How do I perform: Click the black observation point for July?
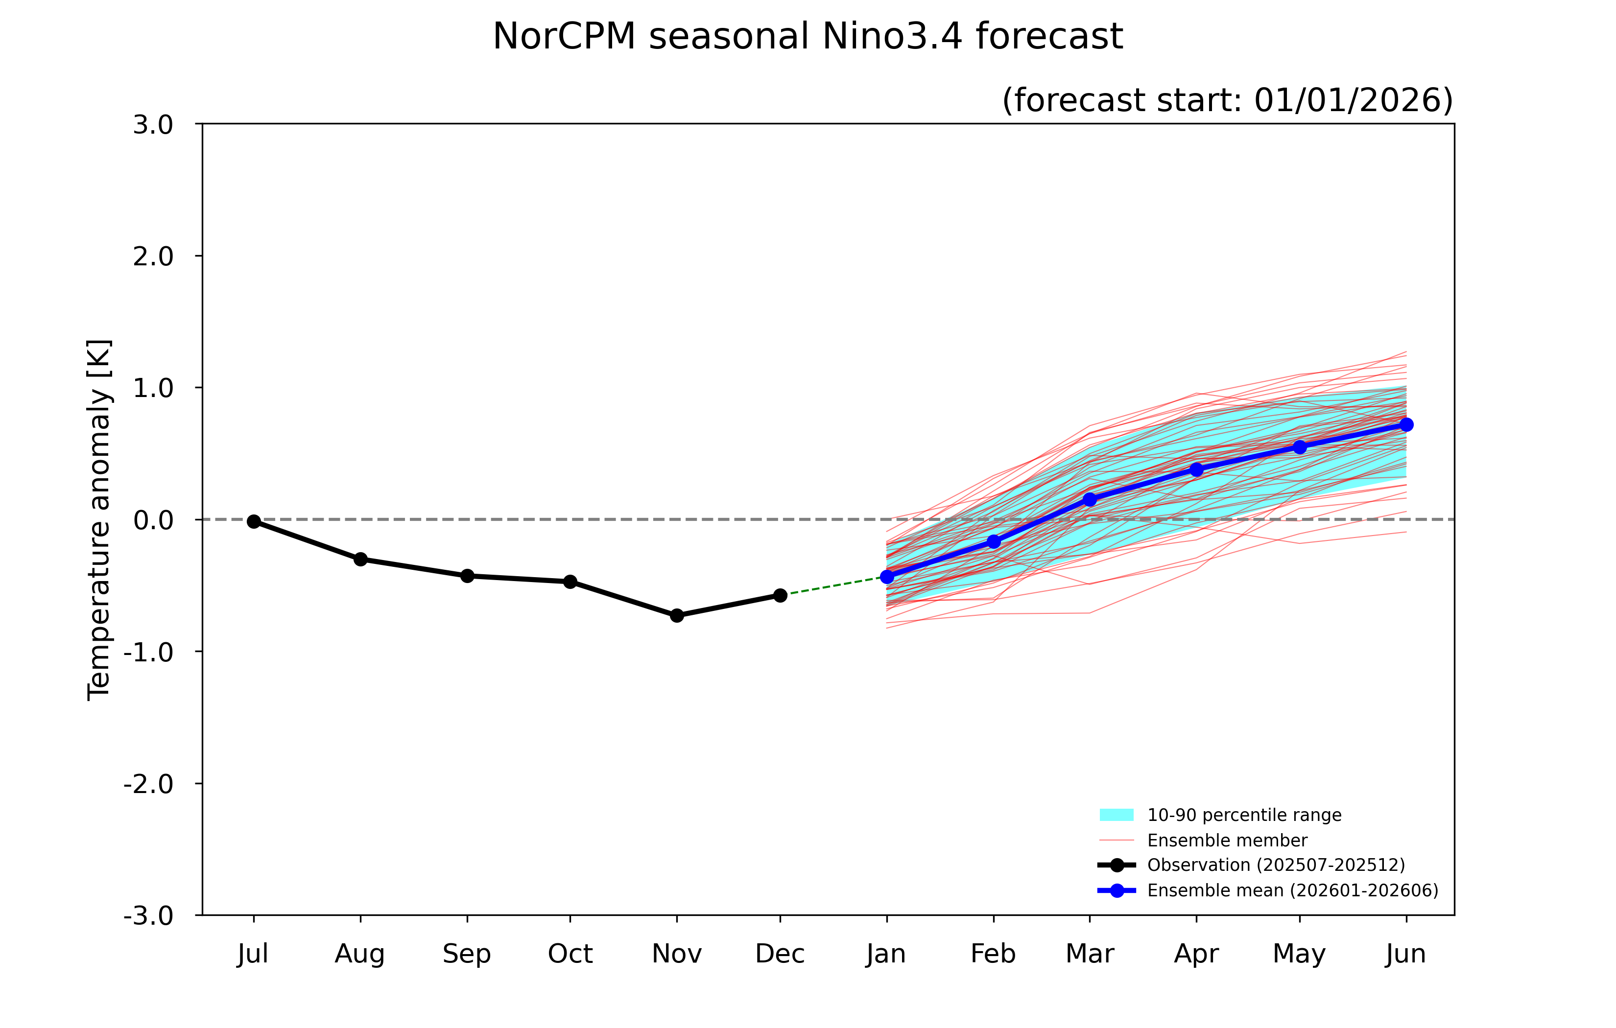point(254,521)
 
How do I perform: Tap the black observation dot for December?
point(780,595)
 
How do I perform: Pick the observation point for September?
point(467,576)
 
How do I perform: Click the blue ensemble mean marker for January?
point(887,576)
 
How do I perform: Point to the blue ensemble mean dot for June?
point(1406,425)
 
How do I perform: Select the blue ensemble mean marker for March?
point(1090,499)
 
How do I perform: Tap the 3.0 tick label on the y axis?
point(153,125)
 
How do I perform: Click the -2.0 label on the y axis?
point(148,784)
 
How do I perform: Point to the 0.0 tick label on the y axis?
point(153,520)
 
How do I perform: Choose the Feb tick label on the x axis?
point(993,954)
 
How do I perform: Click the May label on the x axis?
point(1299,954)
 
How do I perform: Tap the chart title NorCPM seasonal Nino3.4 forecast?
point(808,36)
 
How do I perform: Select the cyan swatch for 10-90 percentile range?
point(1117,815)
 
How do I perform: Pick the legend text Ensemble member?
point(1227,840)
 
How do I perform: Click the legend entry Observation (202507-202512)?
point(1275,865)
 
